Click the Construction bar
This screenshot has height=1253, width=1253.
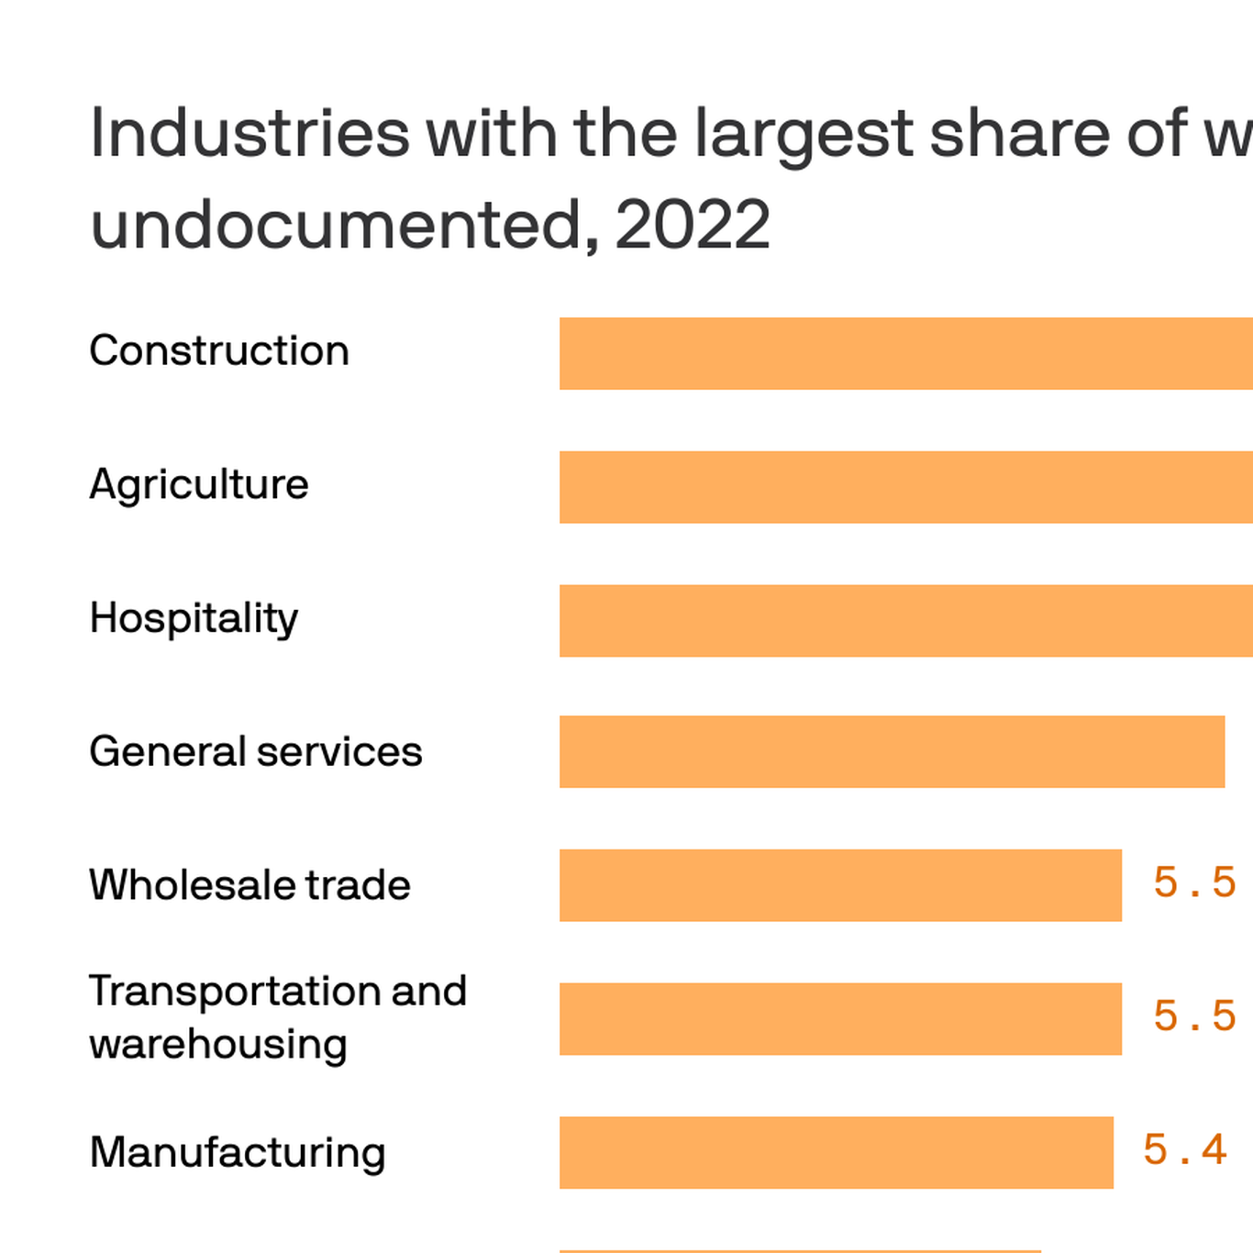point(906,353)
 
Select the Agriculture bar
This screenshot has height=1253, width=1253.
point(906,487)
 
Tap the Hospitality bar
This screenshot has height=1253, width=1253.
point(906,620)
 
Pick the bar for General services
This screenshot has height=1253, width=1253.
point(892,751)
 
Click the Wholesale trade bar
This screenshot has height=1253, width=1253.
point(840,885)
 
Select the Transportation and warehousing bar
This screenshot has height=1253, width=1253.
point(840,1019)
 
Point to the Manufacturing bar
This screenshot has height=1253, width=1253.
point(836,1152)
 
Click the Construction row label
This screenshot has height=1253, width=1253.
point(219,351)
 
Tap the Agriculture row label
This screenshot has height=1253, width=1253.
point(199,485)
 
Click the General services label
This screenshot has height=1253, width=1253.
point(256,752)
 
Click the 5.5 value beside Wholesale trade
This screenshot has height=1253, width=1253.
point(1194,883)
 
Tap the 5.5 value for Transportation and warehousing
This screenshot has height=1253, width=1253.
point(1194,1016)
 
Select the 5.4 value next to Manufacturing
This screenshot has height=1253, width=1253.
point(1184,1150)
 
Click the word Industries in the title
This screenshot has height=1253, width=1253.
point(249,134)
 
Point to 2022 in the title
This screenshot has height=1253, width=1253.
point(693,226)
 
